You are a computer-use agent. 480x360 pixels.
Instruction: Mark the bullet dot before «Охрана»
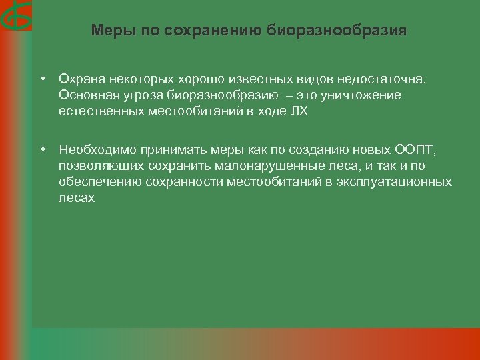(x=41, y=79)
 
